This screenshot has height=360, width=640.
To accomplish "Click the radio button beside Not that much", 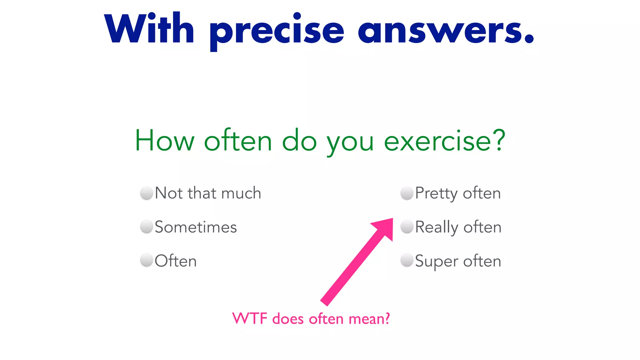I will pos(146,193).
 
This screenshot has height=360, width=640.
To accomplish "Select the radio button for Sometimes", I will pos(146,227).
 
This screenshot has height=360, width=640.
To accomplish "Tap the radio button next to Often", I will pos(146,260).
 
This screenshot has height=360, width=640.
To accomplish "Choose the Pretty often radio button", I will pos(407,193).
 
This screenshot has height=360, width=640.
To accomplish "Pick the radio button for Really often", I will pos(407,227).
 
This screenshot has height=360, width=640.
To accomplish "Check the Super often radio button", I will pos(407,260).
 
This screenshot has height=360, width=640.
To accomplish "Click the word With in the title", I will pos(149,29).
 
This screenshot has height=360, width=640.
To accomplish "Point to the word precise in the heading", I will pos(277,31).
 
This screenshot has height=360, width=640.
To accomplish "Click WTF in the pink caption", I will pos(250,319).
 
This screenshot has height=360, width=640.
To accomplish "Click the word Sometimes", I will pos(196,227).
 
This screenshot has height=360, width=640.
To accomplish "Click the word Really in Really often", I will pos(436,227).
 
